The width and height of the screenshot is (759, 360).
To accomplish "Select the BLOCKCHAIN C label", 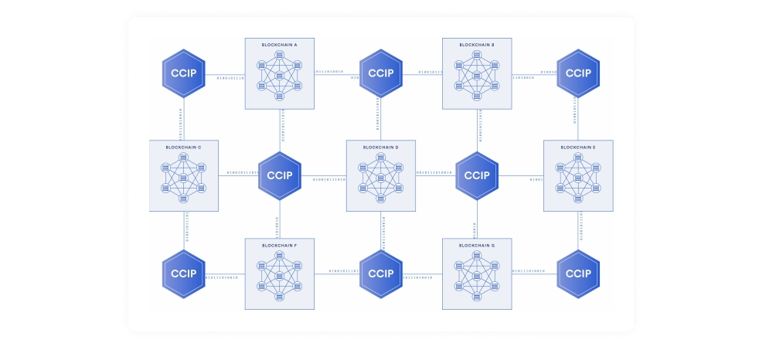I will tap(183, 147).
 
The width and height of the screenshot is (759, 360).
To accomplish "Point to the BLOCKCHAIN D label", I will tap(381, 147).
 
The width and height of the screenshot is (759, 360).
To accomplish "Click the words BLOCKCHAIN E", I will tap(578, 147).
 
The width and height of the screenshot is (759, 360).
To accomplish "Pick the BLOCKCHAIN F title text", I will tap(280, 245).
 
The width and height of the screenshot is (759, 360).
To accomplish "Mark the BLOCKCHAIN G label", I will tap(477, 245).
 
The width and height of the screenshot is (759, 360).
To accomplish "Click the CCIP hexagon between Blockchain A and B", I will tap(381, 73).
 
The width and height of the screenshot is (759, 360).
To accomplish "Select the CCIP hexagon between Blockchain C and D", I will tap(280, 175).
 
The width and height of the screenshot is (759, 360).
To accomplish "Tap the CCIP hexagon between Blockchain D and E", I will tap(477, 175).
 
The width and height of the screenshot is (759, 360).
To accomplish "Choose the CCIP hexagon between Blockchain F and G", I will tap(381, 273).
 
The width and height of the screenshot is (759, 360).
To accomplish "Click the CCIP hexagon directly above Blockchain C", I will tap(183, 73).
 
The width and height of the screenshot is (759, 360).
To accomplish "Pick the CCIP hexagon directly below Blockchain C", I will tap(183, 273).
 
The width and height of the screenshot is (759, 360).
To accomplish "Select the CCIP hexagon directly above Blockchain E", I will tap(578, 73).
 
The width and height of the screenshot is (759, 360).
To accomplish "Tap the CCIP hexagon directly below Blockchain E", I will tap(578, 273).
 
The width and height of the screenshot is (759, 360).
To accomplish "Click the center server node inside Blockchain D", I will tap(381, 178).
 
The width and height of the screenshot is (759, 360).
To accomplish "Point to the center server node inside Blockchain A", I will tap(280, 76).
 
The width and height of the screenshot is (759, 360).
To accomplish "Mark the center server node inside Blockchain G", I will tap(477, 277).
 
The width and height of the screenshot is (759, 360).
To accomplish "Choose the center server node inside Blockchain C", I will tap(183, 178).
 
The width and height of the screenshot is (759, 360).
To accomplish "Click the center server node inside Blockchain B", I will tap(477, 76).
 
